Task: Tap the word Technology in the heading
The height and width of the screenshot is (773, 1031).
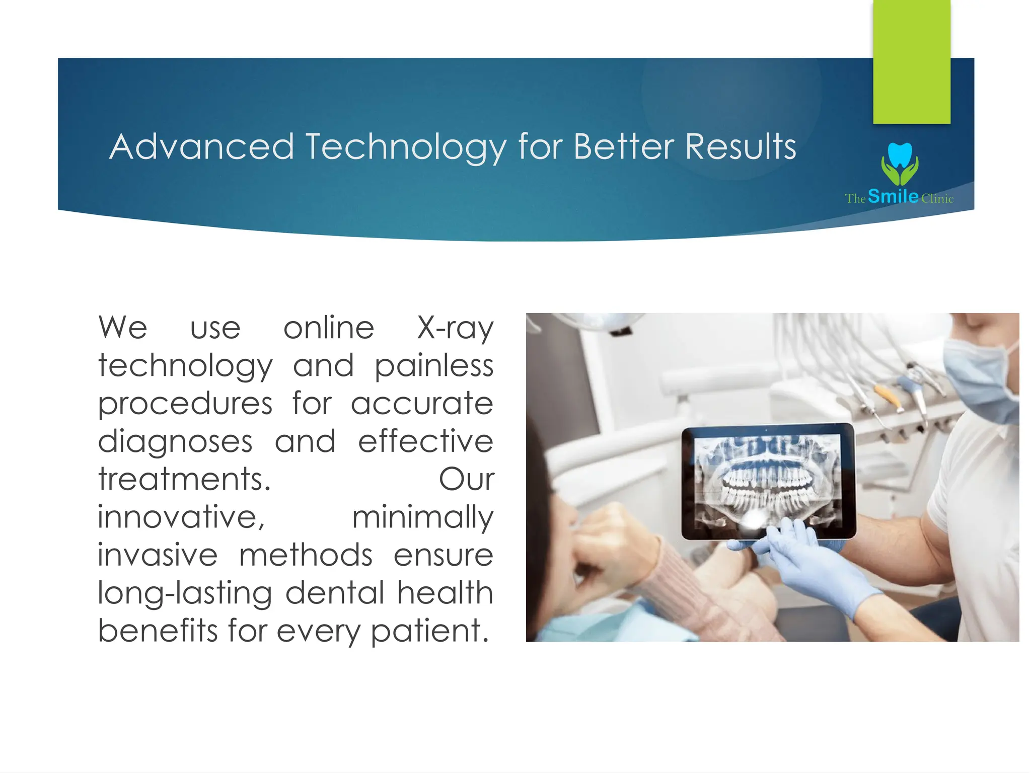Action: pyautogui.click(x=406, y=147)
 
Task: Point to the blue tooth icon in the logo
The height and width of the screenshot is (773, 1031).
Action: pyautogui.click(x=900, y=155)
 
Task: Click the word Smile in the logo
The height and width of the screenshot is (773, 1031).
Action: pyautogui.click(x=893, y=196)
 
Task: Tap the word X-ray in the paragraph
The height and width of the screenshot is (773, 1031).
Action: pyautogui.click(x=455, y=328)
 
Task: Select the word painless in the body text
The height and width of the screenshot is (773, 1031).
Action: pyautogui.click(x=434, y=365)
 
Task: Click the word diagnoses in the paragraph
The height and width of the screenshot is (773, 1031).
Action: pyautogui.click(x=175, y=441)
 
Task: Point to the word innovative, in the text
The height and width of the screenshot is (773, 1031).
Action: pyautogui.click(x=181, y=517)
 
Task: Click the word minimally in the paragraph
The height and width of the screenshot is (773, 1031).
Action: pyautogui.click(x=423, y=517)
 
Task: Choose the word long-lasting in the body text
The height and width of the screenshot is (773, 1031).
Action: pyautogui.click(x=184, y=593)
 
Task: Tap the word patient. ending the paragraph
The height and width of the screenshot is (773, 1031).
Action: pyautogui.click(x=430, y=631)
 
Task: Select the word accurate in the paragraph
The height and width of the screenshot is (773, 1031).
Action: pyautogui.click(x=422, y=404)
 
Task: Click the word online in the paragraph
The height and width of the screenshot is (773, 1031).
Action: pyautogui.click(x=329, y=328)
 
